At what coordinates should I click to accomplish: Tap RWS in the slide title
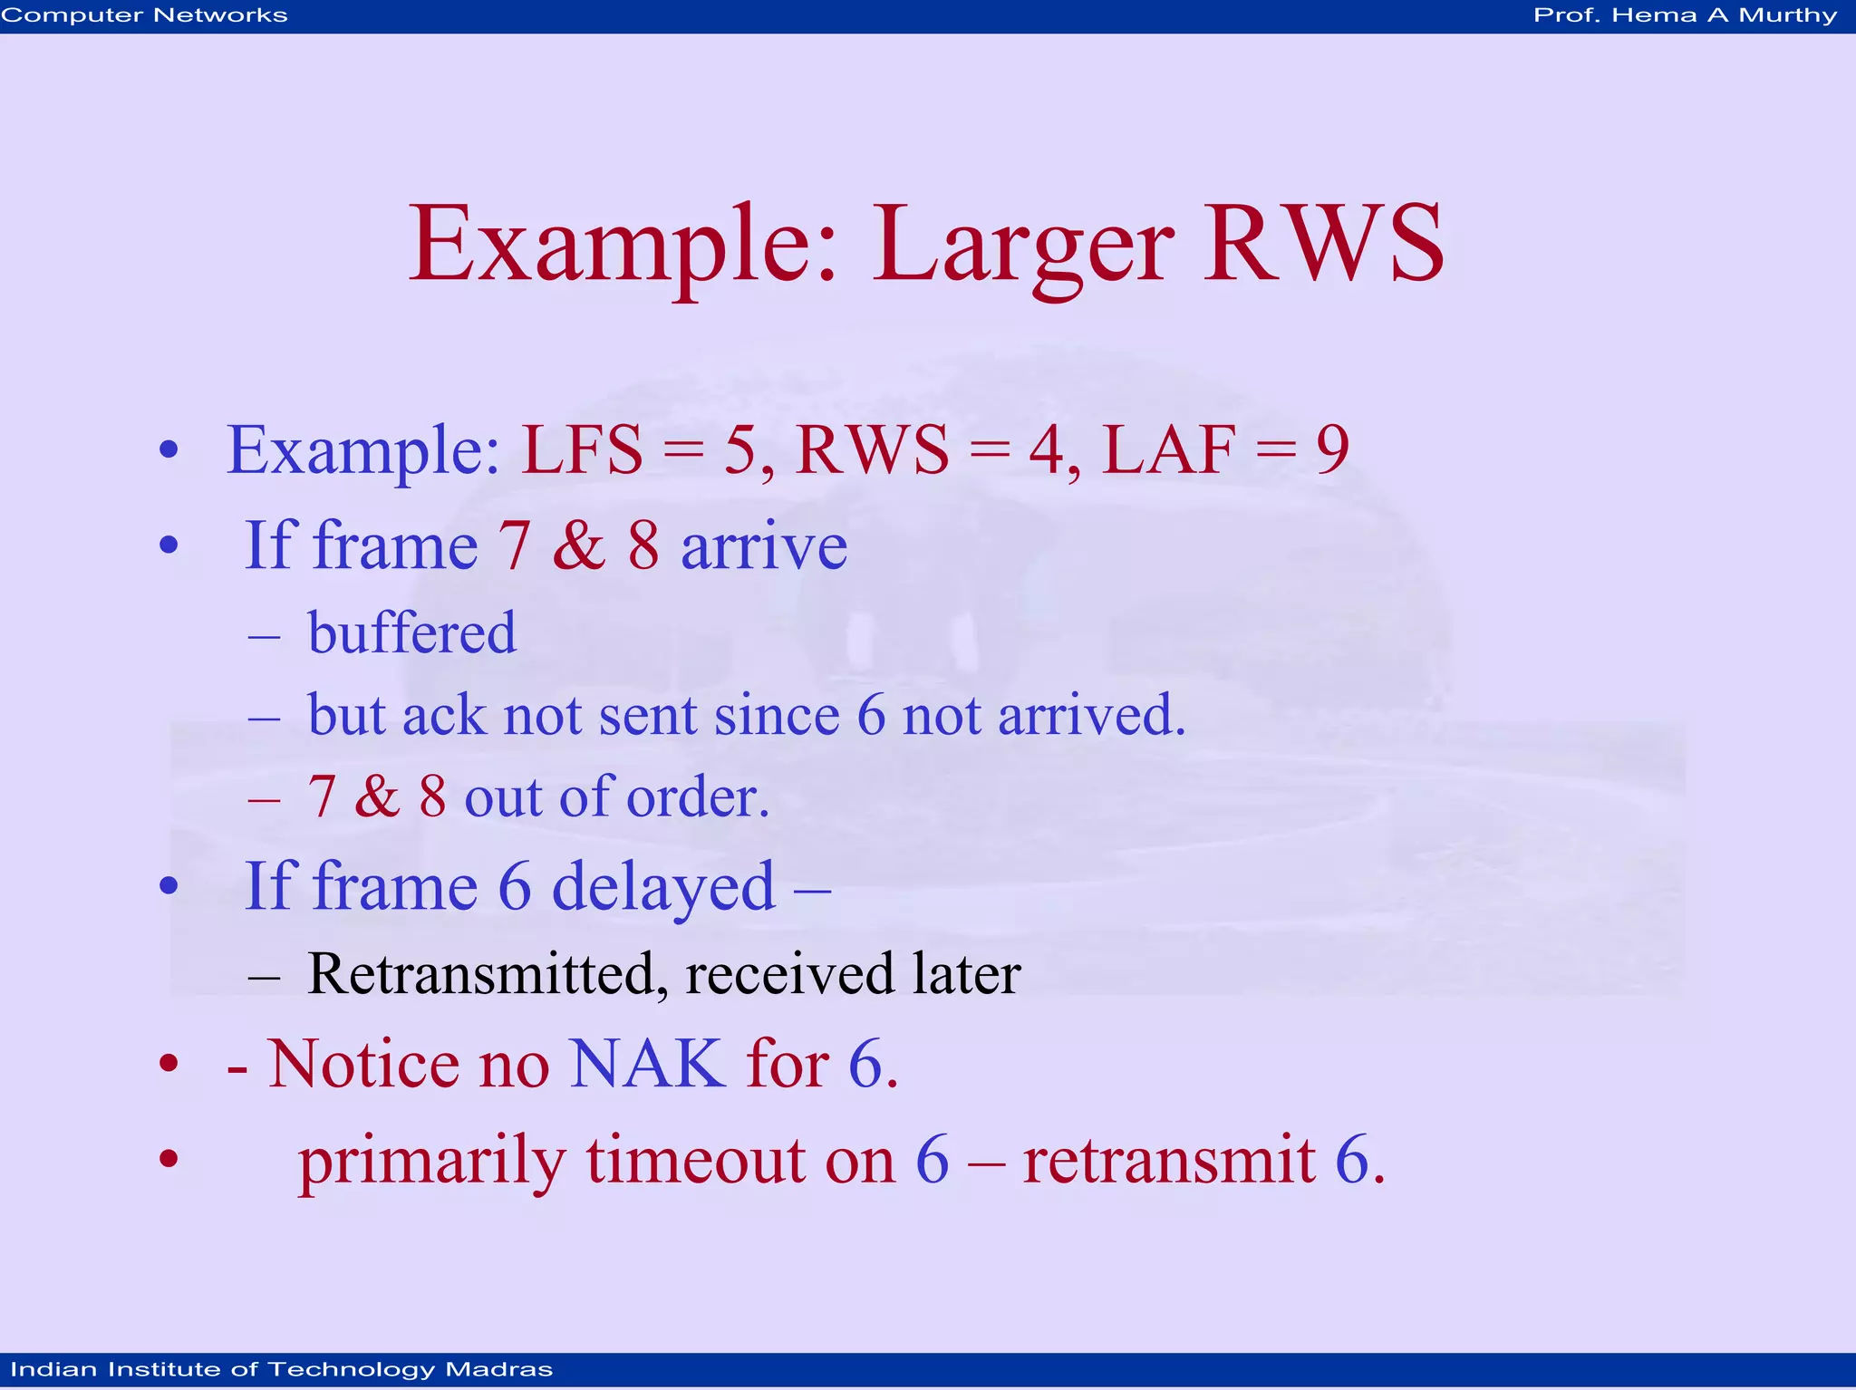click(x=1323, y=245)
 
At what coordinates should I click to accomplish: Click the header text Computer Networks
click(x=144, y=15)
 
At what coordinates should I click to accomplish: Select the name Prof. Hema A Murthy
click(x=1685, y=15)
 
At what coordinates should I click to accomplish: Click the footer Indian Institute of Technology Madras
click(x=281, y=1369)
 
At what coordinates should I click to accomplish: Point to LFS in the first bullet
click(x=582, y=450)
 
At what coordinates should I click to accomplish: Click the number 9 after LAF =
click(x=1332, y=450)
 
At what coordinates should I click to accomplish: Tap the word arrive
click(x=764, y=547)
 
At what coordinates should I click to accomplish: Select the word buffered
click(x=412, y=632)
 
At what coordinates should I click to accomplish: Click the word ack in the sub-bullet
click(x=443, y=716)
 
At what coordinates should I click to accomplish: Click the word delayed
click(x=663, y=888)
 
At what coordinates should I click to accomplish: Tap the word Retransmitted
click(x=480, y=975)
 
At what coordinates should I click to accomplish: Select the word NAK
click(x=647, y=1064)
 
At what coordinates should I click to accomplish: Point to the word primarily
click(x=432, y=1162)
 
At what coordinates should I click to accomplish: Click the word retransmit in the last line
click(x=1168, y=1160)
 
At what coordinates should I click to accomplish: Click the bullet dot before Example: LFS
click(x=169, y=450)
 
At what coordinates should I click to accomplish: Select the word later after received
click(x=966, y=975)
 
